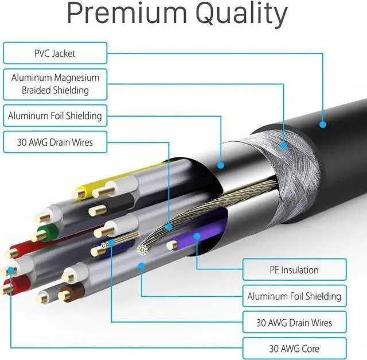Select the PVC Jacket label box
pyautogui.click(x=55, y=53)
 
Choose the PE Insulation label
pyautogui.click(x=294, y=269)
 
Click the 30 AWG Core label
pyautogui.click(x=294, y=348)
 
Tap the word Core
pyautogui.click(x=309, y=348)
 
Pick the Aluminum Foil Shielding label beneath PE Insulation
pyautogui.click(x=294, y=296)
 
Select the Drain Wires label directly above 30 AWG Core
pyautogui.click(x=294, y=322)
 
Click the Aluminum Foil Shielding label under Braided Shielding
pyautogui.click(x=55, y=115)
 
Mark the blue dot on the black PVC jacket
pyautogui.click(x=323, y=124)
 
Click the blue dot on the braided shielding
pyautogui.click(x=283, y=146)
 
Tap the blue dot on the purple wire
pyautogui.click(x=197, y=235)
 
